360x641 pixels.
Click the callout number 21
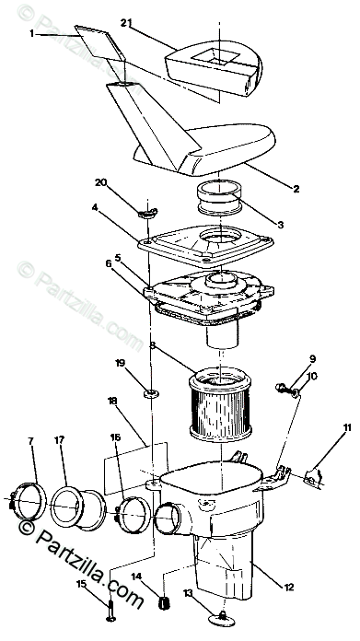coord(126,23)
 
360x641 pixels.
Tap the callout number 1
coord(32,33)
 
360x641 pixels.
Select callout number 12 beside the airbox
coord(289,587)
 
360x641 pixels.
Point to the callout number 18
coord(111,401)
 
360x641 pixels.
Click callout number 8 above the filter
coord(153,345)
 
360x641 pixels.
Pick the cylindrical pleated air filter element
coord(220,403)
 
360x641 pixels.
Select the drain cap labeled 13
coord(222,619)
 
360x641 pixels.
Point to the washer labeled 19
coord(151,393)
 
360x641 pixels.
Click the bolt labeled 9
coord(283,387)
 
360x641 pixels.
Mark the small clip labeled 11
coord(313,476)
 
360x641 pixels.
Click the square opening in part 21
coord(215,55)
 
